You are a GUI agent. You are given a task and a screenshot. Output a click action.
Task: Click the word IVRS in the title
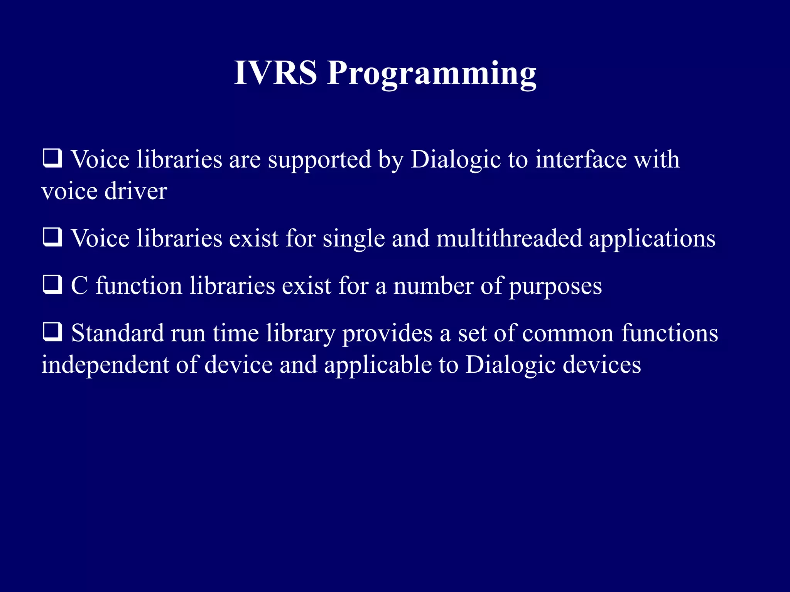[275, 73]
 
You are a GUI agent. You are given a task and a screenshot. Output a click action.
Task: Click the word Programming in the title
[432, 74]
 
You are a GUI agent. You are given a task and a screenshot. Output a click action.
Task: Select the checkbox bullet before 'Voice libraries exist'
[52, 237]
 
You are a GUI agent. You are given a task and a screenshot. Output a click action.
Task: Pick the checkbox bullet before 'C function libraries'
[52, 285]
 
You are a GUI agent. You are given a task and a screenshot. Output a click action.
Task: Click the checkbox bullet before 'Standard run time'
[52, 332]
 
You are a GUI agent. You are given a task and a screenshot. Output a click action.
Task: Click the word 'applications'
[652, 239]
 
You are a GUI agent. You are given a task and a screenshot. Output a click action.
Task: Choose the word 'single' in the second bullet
[354, 239]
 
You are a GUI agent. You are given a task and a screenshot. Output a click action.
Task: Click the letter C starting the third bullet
[79, 286]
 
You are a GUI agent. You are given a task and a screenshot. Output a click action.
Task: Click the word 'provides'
[387, 334]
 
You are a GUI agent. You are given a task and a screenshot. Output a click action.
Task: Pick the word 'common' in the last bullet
[567, 334]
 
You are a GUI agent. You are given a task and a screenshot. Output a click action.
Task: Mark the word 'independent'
[105, 365]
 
